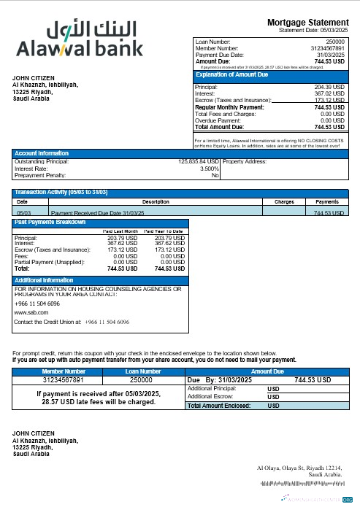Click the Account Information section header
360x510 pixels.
42,153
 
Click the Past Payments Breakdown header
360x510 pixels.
50,222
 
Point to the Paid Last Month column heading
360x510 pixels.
120,231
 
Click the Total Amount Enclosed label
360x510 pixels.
219,405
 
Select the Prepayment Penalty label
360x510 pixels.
40,175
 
